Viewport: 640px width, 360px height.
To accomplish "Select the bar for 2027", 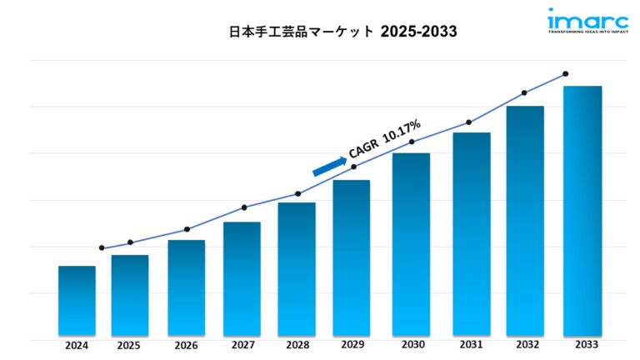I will (x=242, y=280).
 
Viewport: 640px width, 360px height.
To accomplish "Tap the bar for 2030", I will (x=411, y=246).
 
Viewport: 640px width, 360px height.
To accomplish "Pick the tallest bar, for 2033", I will (x=582, y=212).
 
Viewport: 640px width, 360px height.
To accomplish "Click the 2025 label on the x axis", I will (x=129, y=346).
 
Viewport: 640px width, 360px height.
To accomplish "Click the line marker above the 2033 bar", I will (x=566, y=74).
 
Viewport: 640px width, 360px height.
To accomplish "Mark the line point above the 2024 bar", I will (x=102, y=247).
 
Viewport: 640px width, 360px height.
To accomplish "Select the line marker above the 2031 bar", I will (x=468, y=122).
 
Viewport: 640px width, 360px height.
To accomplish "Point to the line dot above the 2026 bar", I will (x=187, y=229).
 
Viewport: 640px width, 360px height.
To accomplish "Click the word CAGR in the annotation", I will (x=363, y=148).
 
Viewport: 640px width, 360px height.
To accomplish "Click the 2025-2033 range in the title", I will (x=419, y=31).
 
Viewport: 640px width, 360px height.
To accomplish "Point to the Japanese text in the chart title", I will (x=302, y=31).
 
